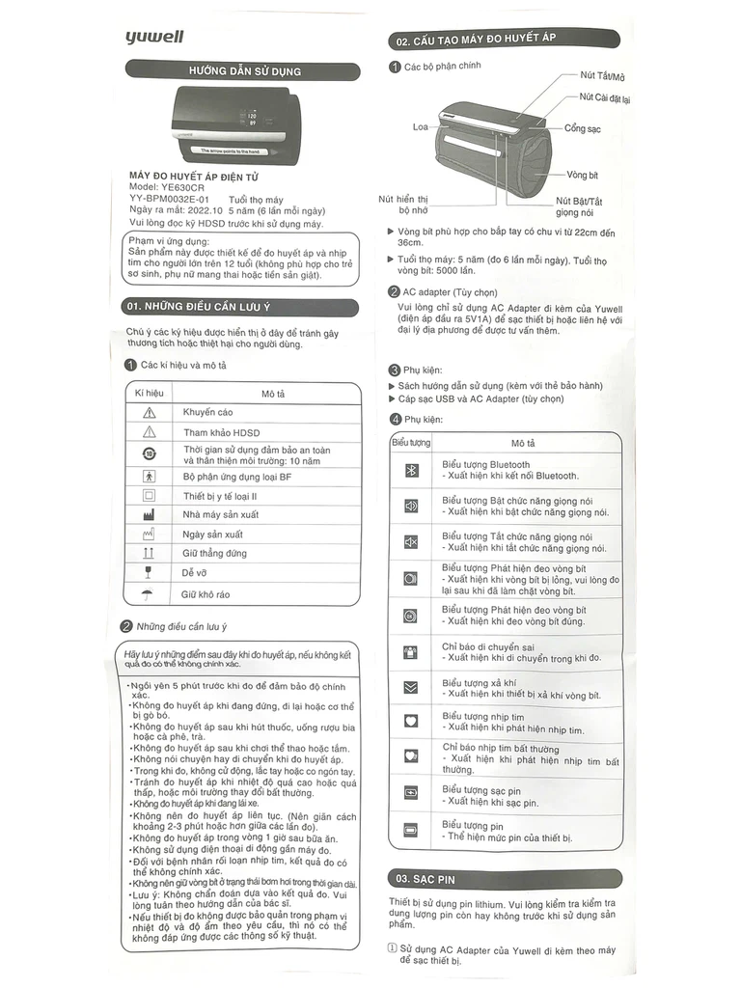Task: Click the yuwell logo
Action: click(153, 38)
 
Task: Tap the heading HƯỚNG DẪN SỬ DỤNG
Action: click(245, 71)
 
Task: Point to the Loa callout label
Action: click(420, 126)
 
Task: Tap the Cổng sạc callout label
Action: click(583, 128)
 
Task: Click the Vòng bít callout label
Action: click(583, 176)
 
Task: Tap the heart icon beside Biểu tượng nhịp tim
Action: click(411, 721)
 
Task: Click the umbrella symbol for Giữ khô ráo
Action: click(149, 594)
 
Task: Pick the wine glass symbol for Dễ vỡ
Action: click(149, 573)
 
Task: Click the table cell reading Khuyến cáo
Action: click(207, 413)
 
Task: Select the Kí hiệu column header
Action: click(149, 394)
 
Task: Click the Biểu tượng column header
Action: click(411, 443)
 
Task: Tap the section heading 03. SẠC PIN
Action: click(425, 879)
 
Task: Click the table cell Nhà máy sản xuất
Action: click(220, 514)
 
